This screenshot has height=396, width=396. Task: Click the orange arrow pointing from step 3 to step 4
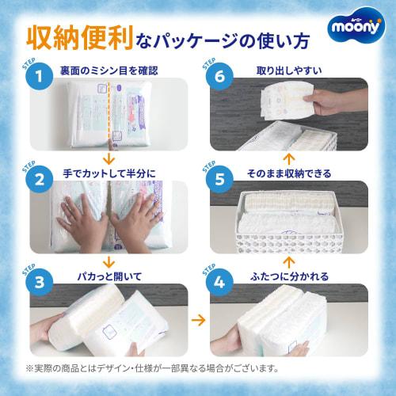coord(198,321)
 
